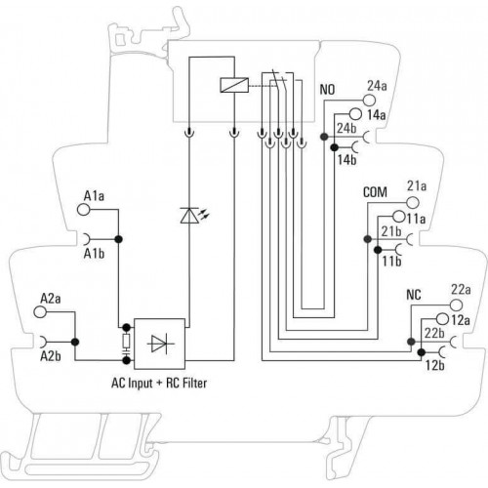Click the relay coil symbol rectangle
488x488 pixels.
coord(234,85)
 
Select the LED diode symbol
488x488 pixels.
coord(189,216)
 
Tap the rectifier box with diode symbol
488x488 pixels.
coord(159,344)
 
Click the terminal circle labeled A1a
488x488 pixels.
coord(84,210)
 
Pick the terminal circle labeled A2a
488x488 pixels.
coord(40,311)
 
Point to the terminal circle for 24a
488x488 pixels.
coord(369,100)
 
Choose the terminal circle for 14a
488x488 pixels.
coord(355,114)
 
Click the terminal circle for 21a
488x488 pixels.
coord(413,202)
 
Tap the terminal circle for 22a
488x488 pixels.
coord(456,305)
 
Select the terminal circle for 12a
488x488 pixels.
coord(442,319)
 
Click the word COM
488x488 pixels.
coord(375,192)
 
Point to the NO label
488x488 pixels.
coord(327,90)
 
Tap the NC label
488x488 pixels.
coord(414,295)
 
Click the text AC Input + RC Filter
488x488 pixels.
coord(159,383)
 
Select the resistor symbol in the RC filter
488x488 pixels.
coord(126,341)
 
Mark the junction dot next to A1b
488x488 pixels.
coord(118,239)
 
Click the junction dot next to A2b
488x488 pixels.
coord(75,342)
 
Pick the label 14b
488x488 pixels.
coord(346,160)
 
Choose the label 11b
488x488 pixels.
coord(391,262)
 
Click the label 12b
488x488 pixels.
coord(435,365)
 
